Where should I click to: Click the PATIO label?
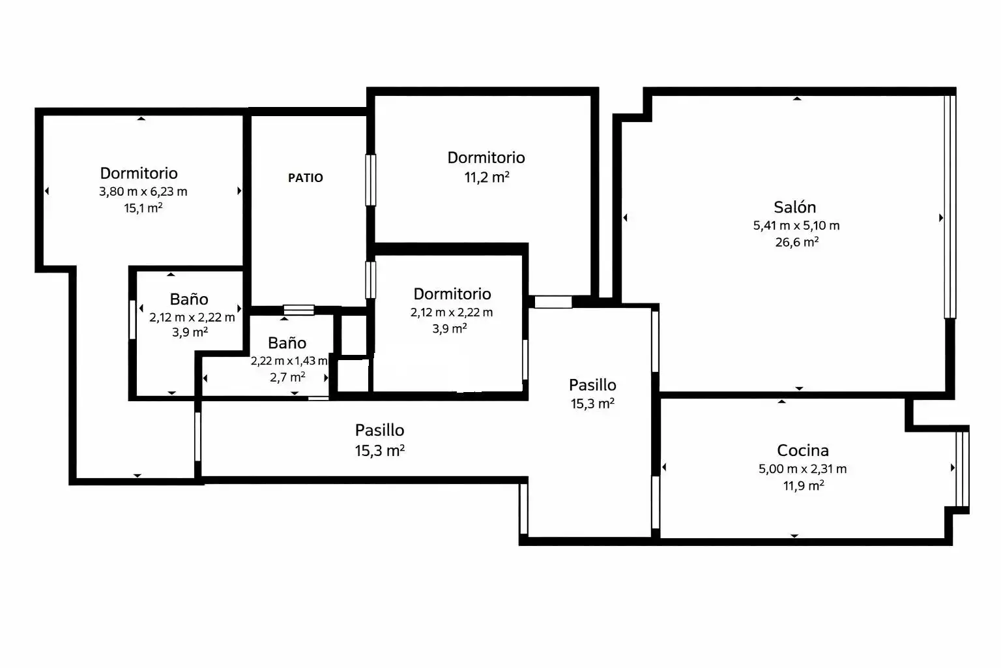point(305,178)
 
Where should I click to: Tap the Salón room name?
point(795,207)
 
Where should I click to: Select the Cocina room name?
point(803,450)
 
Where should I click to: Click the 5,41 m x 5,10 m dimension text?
point(796,226)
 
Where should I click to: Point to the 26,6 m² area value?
point(797,242)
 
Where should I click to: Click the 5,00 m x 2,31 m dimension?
point(803,469)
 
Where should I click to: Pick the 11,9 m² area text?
point(804,485)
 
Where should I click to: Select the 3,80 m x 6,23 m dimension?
point(143,192)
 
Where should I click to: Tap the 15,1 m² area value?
point(143,208)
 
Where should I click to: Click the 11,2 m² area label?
point(487,177)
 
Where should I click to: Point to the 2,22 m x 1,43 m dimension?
point(289,361)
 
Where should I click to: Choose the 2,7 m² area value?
point(287,377)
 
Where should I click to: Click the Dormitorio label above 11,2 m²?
point(486,157)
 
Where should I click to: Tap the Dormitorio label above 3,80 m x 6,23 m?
point(139,173)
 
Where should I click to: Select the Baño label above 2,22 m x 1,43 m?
point(287,343)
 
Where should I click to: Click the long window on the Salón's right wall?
point(950,207)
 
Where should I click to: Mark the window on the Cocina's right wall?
point(963,468)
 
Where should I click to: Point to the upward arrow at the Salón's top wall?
point(797,99)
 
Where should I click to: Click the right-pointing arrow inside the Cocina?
point(953,468)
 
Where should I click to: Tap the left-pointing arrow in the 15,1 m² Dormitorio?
point(46,191)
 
